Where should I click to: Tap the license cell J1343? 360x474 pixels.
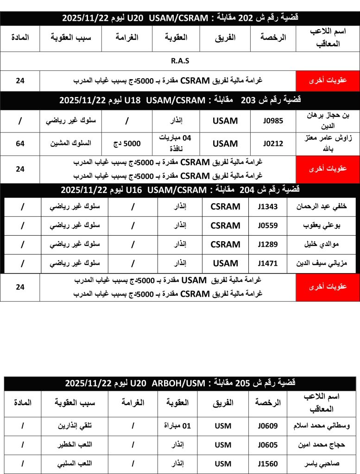(x=268, y=207)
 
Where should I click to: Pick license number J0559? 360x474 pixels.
(x=268, y=226)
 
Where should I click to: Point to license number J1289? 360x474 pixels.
(x=268, y=244)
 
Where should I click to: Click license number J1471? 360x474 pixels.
(x=268, y=263)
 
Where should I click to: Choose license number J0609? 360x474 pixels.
(x=268, y=426)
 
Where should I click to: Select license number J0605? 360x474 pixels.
(x=268, y=445)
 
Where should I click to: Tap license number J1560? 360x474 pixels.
(x=268, y=464)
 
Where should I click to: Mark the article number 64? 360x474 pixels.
(x=20, y=144)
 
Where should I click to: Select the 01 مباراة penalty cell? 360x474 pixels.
(x=177, y=426)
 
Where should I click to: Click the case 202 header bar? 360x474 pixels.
(x=180, y=18)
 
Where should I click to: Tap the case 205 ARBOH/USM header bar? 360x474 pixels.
(x=180, y=383)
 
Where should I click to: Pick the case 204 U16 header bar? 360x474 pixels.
(x=180, y=190)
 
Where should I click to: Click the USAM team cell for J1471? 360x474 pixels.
(x=225, y=263)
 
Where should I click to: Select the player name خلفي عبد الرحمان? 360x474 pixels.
(x=316, y=207)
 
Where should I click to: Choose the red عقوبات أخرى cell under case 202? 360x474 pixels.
(x=328, y=81)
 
